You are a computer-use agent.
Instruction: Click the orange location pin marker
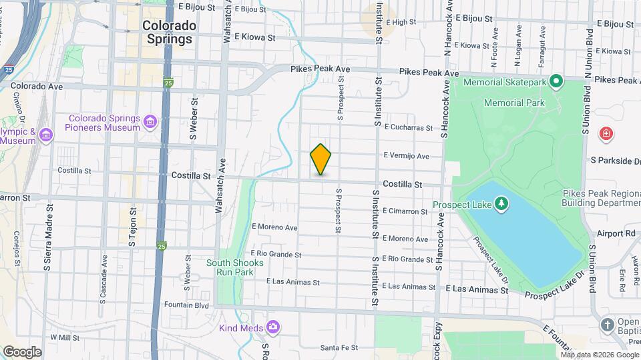[x=321, y=159]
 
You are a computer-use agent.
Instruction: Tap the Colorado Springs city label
[x=170, y=32]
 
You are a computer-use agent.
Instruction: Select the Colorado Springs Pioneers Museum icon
[x=150, y=123]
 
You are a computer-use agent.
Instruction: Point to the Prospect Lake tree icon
[x=501, y=205]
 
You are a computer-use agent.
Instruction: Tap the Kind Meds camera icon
[x=272, y=327]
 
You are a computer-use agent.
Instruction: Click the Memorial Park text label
[x=515, y=103]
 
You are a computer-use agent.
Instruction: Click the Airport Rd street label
[x=616, y=233]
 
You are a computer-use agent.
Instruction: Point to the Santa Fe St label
[x=339, y=347]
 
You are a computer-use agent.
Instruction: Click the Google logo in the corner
[x=22, y=351]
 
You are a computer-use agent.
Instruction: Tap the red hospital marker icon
[x=606, y=134]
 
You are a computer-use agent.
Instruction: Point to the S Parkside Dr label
[x=615, y=160]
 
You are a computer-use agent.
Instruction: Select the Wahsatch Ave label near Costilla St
[x=220, y=190]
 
